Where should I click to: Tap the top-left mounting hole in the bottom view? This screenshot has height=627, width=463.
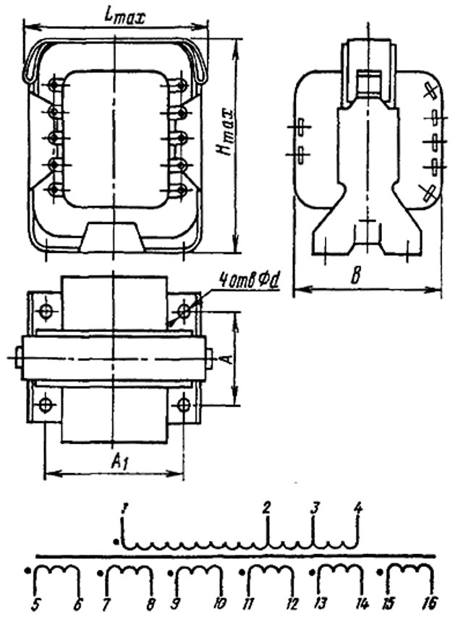(46, 312)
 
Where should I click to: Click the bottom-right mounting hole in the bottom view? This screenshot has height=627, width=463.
(184, 405)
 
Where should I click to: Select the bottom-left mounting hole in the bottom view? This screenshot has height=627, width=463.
(46, 405)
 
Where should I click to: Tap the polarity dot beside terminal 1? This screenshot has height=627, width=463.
(116, 540)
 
